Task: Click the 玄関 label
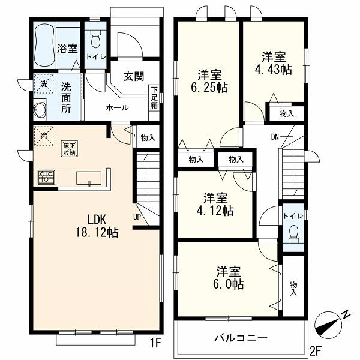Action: click(134, 76)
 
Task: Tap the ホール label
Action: click(117, 107)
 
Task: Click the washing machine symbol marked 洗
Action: click(44, 83)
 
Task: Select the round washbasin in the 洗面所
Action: click(40, 110)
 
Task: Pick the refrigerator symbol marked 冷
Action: click(44, 136)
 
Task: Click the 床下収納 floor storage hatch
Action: click(70, 149)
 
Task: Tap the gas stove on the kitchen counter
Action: click(46, 177)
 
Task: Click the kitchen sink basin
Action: click(89, 178)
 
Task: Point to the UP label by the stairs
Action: click(137, 217)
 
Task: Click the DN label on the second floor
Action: click(275, 137)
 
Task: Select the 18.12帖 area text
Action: click(97, 233)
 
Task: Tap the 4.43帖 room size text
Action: click(274, 70)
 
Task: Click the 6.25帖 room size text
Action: click(209, 87)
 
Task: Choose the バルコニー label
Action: click(241, 338)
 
